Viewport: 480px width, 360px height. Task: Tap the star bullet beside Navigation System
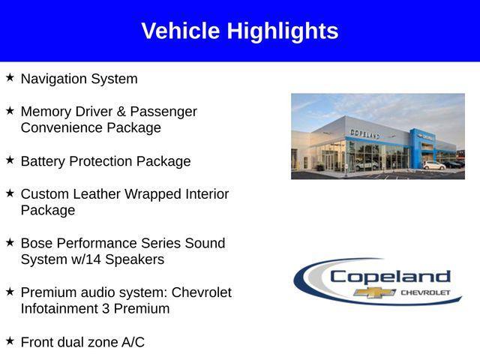click(10, 77)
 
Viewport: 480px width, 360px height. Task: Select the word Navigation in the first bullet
click(52, 79)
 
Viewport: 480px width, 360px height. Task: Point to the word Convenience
click(61, 127)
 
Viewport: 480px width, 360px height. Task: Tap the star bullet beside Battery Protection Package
click(10, 160)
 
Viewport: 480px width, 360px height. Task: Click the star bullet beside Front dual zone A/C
click(10, 340)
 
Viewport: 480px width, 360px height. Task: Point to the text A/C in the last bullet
click(132, 342)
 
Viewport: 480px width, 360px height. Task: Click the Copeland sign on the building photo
click(365, 133)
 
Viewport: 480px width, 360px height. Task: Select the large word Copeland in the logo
click(390, 276)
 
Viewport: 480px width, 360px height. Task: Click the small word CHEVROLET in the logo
click(426, 292)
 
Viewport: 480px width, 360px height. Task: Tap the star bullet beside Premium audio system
click(10, 291)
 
